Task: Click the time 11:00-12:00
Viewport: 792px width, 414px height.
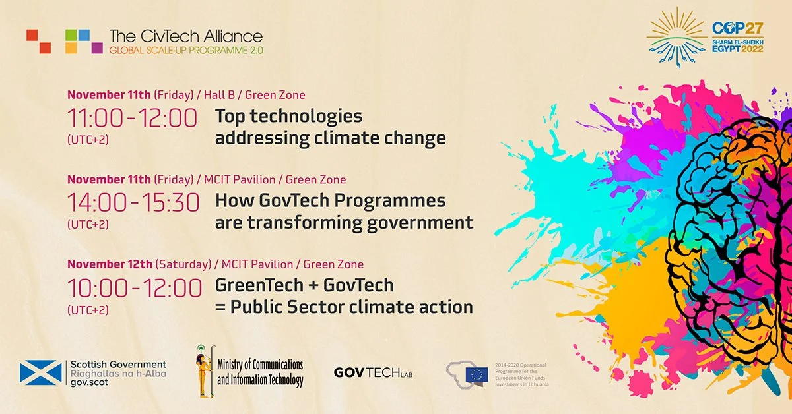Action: pyautogui.click(x=132, y=119)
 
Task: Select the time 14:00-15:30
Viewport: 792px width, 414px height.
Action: pyautogui.click(x=133, y=203)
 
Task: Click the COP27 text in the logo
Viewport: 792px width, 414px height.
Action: pyautogui.click(x=737, y=28)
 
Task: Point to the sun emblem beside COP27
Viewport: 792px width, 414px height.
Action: pyautogui.click(x=675, y=36)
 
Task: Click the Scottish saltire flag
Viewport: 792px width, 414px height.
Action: pyautogui.click(x=41, y=373)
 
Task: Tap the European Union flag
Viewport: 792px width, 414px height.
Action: pyautogui.click(x=476, y=374)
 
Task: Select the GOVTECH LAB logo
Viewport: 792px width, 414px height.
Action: pyautogui.click(x=377, y=372)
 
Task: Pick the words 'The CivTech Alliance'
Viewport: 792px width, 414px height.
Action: pyautogui.click(x=185, y=36)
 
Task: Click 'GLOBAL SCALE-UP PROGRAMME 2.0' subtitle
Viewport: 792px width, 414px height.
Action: pyautogui.click(x=185, y=50)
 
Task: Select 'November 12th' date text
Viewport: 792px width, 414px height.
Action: pyautogui.click(x=110, y=264)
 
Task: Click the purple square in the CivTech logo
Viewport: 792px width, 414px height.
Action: pyautogui.click(x=97, y=47)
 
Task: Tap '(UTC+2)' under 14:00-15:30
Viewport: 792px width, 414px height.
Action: pyautogui.click(x=88, y=224)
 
